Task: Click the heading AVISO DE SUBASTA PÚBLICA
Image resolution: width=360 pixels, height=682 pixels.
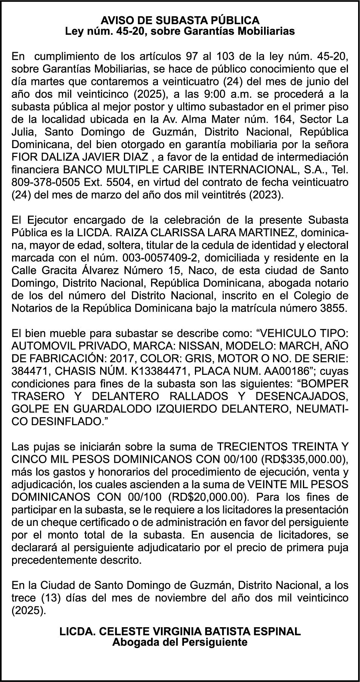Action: pos(180,20)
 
